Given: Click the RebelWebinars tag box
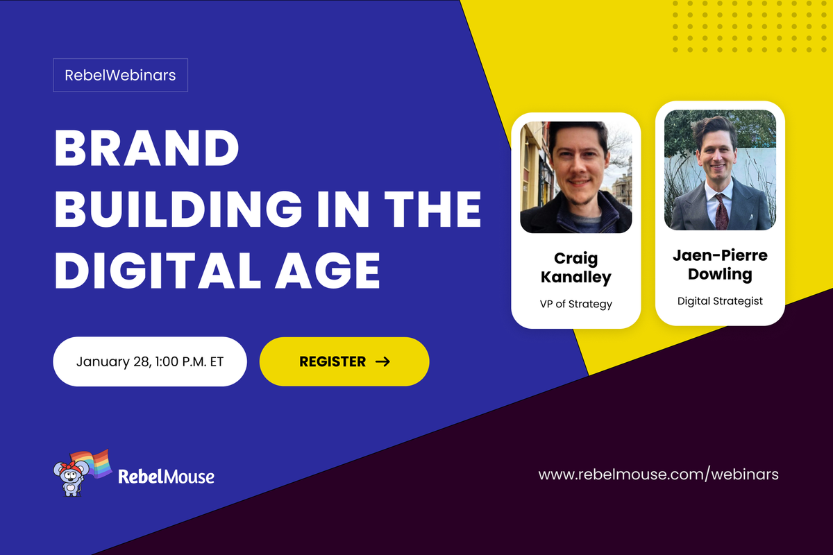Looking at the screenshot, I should click(x=120, y=76).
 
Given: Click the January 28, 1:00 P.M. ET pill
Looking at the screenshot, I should click(x=150, y=361).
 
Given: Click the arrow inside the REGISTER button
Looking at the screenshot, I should click(x=382, y=361).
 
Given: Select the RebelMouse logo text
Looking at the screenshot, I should click(x=166, y=477).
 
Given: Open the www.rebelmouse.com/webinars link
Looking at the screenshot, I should click(x=658, y=475).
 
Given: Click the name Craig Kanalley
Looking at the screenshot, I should click(x=575, y=268).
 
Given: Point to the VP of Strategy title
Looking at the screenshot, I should click(x=575, y=303).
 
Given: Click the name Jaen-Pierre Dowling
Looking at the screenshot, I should click(x=720, y=264).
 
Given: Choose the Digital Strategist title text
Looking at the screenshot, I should click(x=720, y=300).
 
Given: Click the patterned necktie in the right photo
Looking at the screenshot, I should click(x=721, y=208).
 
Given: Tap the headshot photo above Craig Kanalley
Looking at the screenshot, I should click(x=575, y=177).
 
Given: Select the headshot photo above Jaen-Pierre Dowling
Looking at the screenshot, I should click(x=720, y=170).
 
